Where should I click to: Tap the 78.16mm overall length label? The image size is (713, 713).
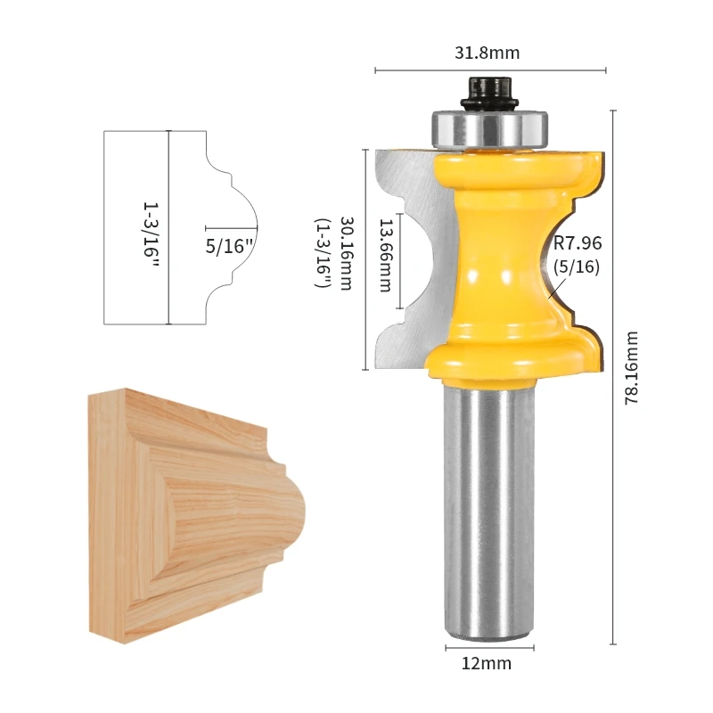[x=632, y=368]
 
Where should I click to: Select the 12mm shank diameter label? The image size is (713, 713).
[x=487, y=663]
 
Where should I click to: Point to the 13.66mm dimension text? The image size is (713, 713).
[x=385, y=257]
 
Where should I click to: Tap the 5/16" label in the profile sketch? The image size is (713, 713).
[x=230, y=247]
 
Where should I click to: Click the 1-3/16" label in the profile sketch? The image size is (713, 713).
[x=150, y=228]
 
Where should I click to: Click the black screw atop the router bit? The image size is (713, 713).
[x=488, y=91]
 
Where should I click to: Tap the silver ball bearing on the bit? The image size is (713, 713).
[x=488, y=129]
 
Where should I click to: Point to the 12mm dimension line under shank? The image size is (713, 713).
[x=488, y=643]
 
